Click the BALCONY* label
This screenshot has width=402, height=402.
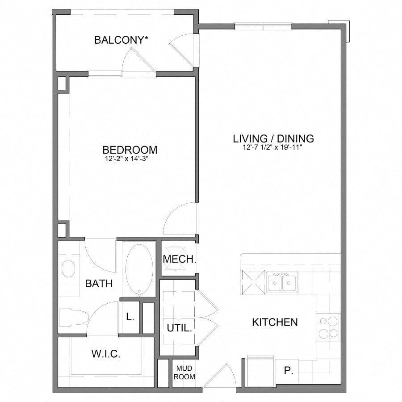[121, 40]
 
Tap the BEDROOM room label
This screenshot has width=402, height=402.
[130, 150]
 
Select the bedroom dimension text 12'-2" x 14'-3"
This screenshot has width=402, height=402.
[130, 158]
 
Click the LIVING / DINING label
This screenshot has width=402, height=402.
[273, 138]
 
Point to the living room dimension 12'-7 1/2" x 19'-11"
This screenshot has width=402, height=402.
[273, 147]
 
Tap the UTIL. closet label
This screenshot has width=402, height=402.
[180, 328]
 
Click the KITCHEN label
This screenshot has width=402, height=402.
[275, 322]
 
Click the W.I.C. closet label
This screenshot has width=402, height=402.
[106, 354]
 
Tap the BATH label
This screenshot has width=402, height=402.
[99, 283]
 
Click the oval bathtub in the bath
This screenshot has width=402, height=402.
[139, 269]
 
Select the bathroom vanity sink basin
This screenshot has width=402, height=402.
[68, 269]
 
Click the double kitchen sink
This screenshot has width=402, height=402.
[281, 283]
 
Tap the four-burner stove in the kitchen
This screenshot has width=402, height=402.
[328, 327]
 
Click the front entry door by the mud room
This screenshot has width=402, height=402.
[219, 376]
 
